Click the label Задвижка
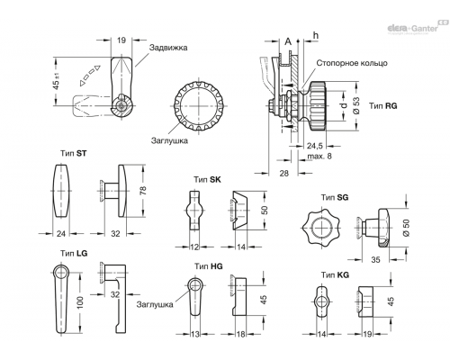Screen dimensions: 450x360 pos(168,48)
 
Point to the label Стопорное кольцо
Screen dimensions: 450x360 pos(352,63)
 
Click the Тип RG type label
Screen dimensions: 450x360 pos(383,106)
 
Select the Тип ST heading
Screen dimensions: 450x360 pos(74,153)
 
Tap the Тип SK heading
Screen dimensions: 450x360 pos(207,179)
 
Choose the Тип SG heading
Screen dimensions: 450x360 pos(335,197)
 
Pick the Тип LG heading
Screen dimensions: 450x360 pos(74,253)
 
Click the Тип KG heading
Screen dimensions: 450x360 pos(335,274)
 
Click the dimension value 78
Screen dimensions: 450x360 pos(143,191)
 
